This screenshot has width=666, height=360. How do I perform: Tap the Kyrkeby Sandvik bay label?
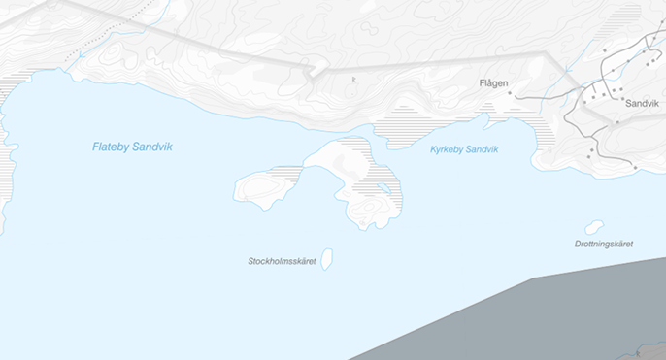463,149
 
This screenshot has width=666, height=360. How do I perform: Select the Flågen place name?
493,83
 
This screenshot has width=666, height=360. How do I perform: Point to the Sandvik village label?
642,102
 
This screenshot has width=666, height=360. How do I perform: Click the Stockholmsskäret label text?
283,261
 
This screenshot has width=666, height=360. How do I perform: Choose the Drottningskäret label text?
603,244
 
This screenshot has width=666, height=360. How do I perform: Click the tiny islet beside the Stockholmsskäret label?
327,258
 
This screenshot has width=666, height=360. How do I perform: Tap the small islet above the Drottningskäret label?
594,227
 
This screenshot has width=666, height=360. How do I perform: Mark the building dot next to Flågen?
509,93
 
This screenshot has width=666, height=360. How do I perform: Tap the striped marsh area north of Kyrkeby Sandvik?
408,126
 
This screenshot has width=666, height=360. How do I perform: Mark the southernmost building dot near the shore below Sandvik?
635,167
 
